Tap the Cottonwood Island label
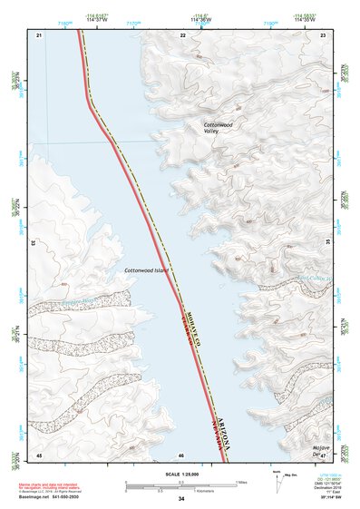click(x=145, y=269)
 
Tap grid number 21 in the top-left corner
click(x=39, y=34)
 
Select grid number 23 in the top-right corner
click(x=323, y=34)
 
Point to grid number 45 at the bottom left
click(x=39, y=455)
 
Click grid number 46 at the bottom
click(x=181, y=455)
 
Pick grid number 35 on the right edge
click(x=327, y=243)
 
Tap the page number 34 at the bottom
click(x=181, y=499)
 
